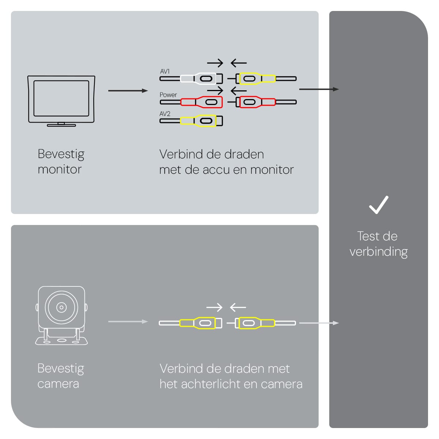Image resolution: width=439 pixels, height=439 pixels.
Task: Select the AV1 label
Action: click(165, 71)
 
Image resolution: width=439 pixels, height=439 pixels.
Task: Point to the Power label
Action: click(168, 95)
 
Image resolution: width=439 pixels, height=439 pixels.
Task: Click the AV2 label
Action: click(165, 114)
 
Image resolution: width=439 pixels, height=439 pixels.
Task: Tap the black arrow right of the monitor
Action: click(128, 91)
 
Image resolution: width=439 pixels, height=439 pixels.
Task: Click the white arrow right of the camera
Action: click(128, 322)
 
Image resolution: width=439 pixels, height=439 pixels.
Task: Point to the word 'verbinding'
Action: click(379, 252)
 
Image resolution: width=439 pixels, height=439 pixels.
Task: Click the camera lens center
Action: click(61, 308)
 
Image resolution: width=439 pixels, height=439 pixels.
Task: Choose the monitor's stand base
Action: click(61, 125)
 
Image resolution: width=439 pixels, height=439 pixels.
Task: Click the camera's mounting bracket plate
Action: click(61, 341)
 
